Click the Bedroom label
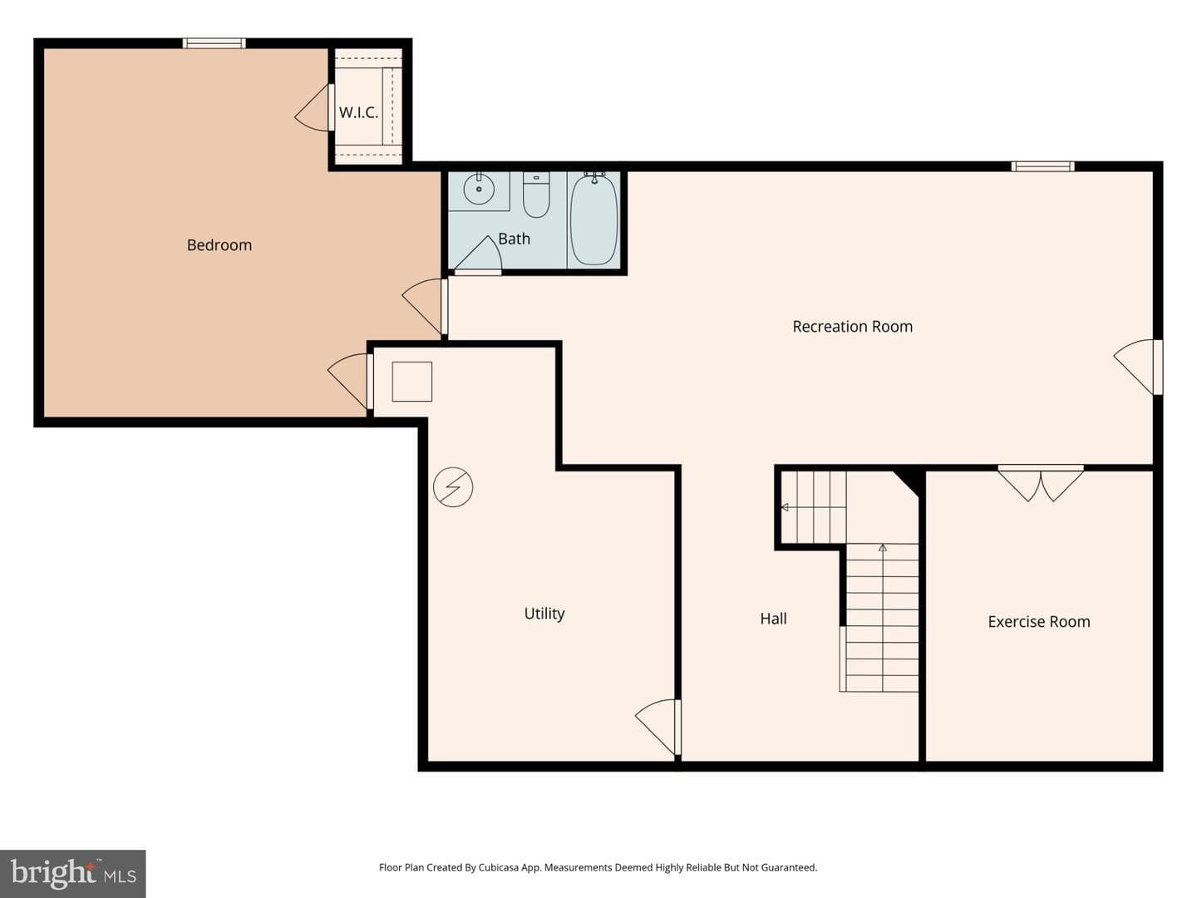[x=219, y=245]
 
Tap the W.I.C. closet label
[x=358, y=113]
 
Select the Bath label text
[x=514, y=239]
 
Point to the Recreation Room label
[x=852, y=327]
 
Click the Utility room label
[x=544, y=614]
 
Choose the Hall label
[x=773, y=619]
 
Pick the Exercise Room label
[x=1039, y=622]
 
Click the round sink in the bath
[x=479, y=189]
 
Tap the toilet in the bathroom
[x=536, y=195]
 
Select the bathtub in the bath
[x=594, y=220]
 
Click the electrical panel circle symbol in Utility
[x=453, y=487]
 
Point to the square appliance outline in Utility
[x=412, y=382]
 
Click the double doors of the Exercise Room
[x=1041, y=483]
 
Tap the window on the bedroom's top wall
[x=214, y=43]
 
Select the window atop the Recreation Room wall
[x=1042, y=166]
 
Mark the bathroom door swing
[x=478, y=254]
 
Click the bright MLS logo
[x=72, y=873]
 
